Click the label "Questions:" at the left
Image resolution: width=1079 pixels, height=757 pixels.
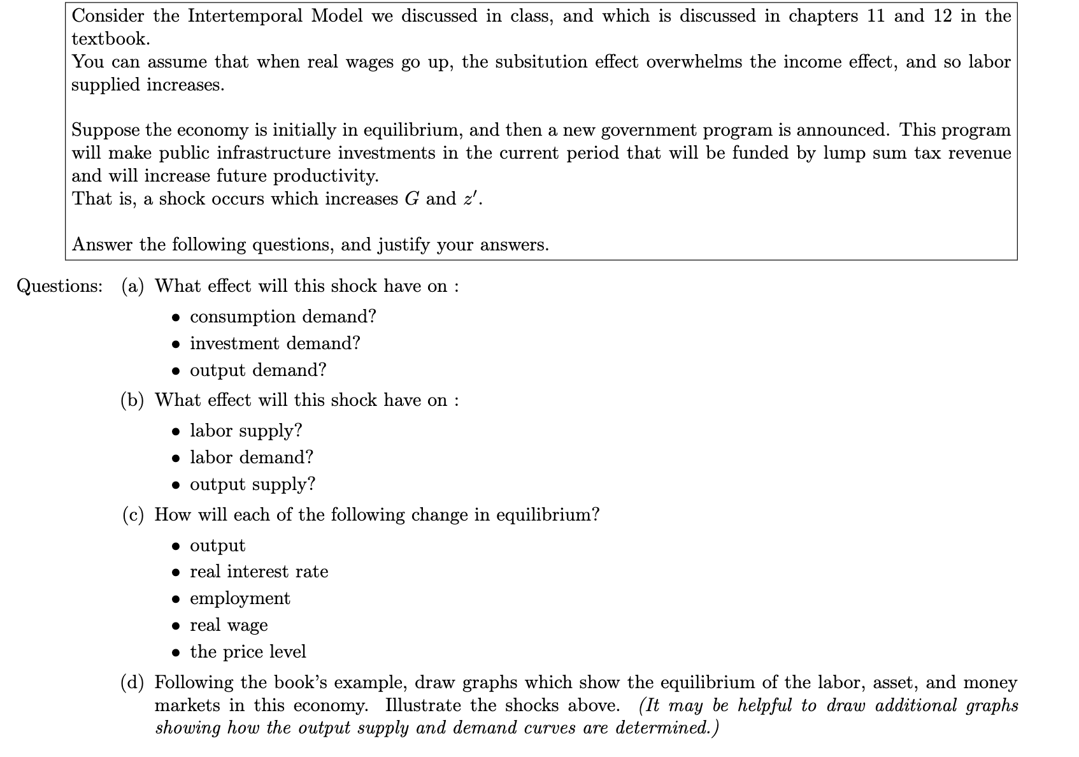click(x=59, y=286)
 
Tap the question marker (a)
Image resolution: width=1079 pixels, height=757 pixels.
click(x=132, y=286)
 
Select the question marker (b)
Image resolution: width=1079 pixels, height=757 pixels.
click(x=132, y=400)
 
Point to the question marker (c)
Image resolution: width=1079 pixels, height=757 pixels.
click(x=132, y=515)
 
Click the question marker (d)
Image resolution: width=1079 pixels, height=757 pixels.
click(x=132, y=682)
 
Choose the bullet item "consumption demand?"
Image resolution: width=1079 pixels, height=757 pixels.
click(x=283, y=317)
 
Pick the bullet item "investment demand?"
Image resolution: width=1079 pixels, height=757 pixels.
click(x=275, y=343)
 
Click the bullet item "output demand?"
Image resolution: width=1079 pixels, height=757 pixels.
click(x=258, y=370)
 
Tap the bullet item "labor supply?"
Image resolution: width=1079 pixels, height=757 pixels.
click(x=246, y=431)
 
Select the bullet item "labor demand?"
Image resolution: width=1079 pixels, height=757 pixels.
click(x=252, y=458)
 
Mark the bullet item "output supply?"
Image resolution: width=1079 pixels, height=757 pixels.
click(x=252, y=484)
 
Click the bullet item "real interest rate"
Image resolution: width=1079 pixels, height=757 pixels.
click(x=259, y=572)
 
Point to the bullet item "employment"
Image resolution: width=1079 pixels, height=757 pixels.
click(x=239, y=598)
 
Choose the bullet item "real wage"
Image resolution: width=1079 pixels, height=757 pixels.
click(x=229, y=625)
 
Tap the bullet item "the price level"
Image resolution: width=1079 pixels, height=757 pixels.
click(x=248, y=652)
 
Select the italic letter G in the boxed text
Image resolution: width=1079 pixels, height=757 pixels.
click(x=411, y=199)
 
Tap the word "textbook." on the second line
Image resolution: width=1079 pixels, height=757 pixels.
click(x=111, y=39)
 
